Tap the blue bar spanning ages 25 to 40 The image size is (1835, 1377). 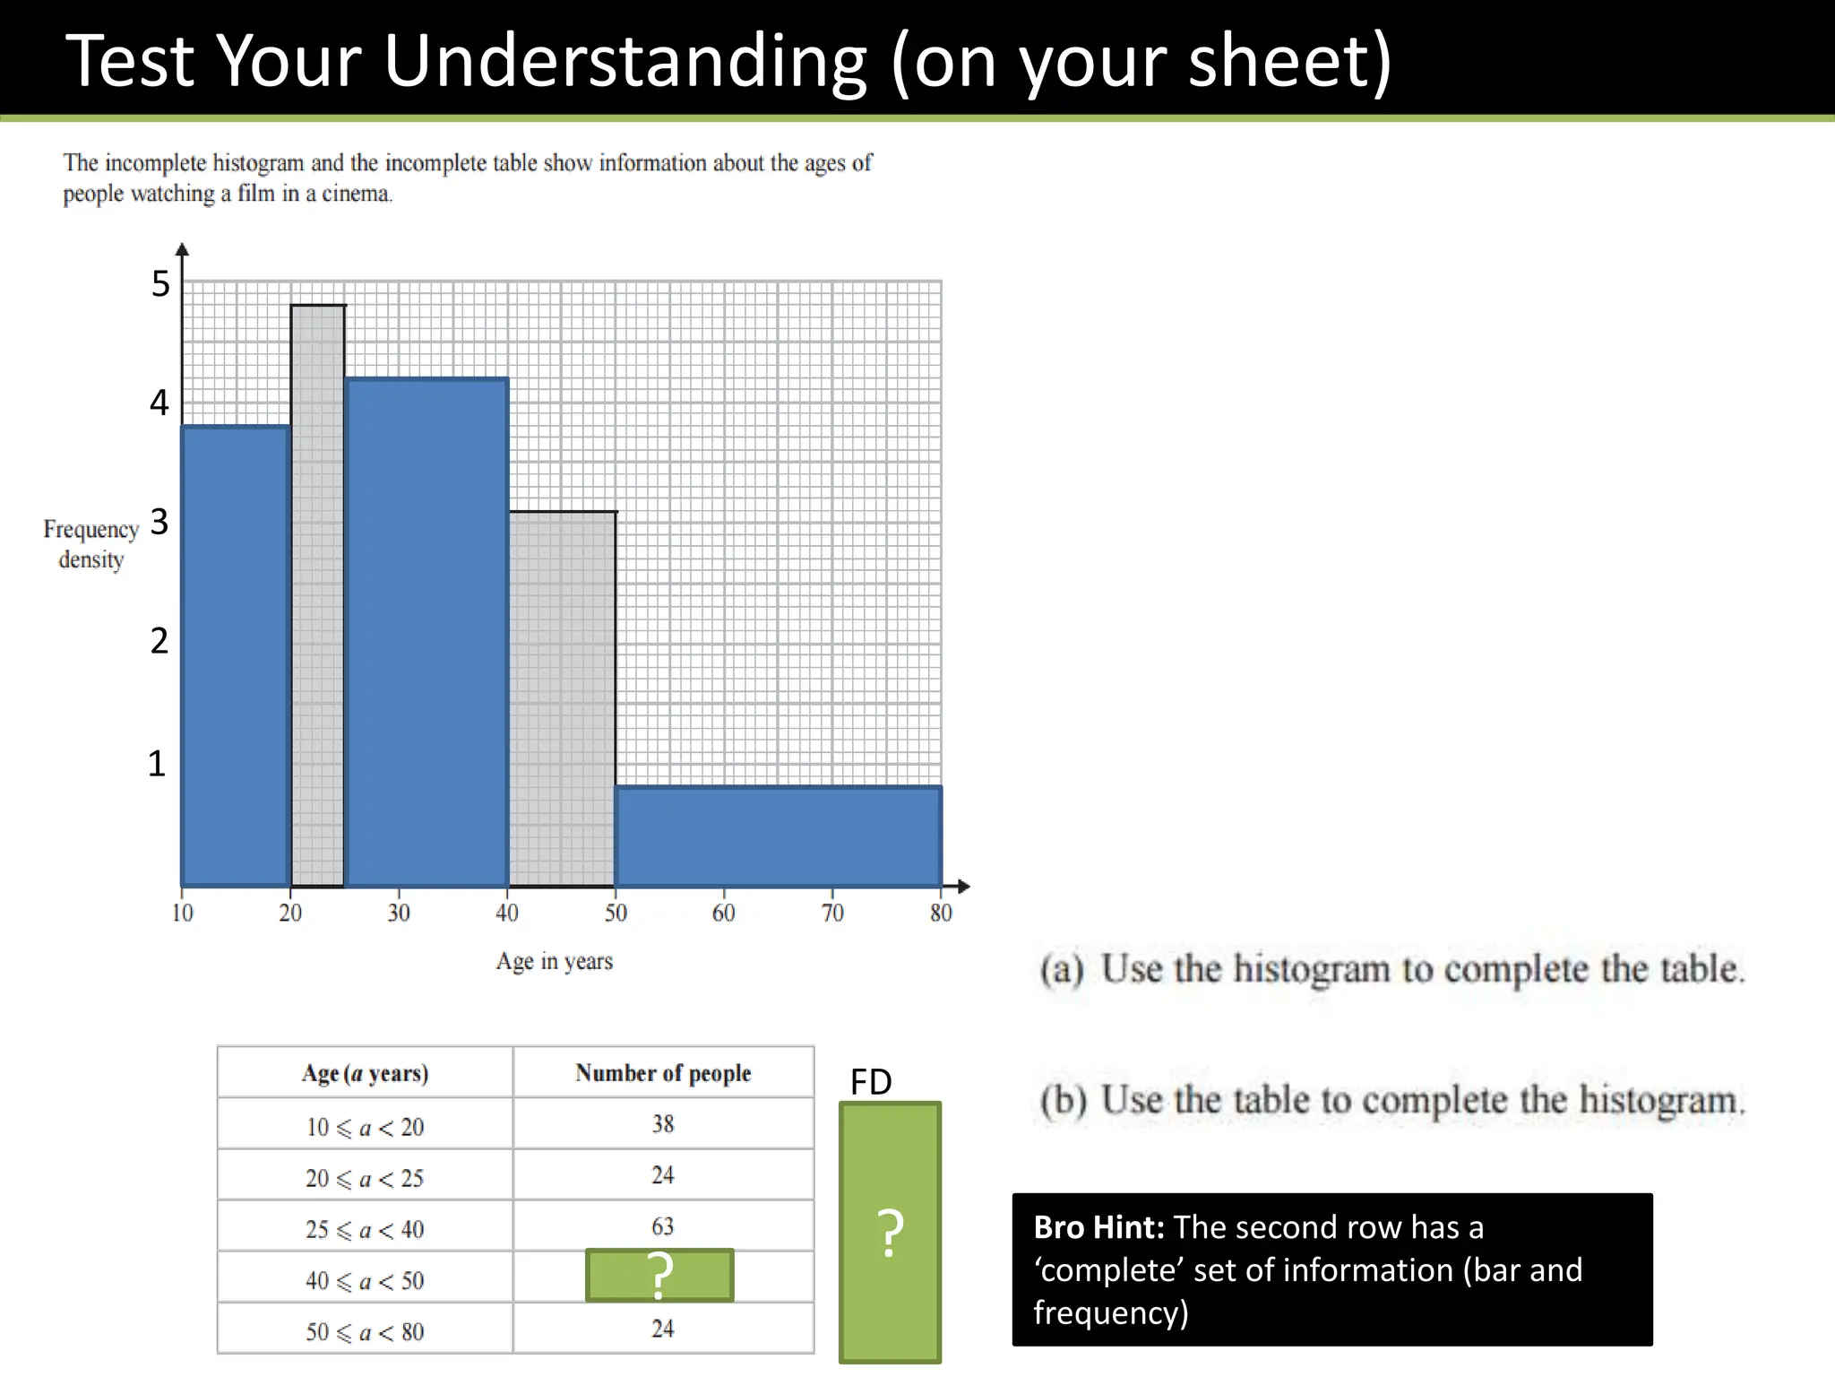pos(426,633)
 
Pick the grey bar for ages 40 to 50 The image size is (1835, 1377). pos(563,699)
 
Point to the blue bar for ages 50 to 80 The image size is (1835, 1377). pos(778,836)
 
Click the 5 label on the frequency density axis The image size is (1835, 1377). pos(160,284)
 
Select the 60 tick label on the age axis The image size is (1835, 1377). pos(723,914)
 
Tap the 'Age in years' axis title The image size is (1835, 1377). pos(555,962)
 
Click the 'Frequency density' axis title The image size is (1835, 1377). pos(90,544)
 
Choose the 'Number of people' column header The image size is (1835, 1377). pos(663,1073)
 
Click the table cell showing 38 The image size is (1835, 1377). pos(663,1124)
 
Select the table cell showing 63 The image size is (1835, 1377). pos(663,1226)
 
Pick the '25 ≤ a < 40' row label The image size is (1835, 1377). pos(365,1230)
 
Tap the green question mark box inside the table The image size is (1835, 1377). pos(659,1275)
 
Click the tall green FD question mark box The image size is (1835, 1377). pos(890,1233)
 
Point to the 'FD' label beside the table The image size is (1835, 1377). pos(871,1082)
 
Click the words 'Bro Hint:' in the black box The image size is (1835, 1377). pos(1098,1227)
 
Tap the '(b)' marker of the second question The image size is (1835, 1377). pos(1063,1101)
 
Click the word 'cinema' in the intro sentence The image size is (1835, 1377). pos(355,194)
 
